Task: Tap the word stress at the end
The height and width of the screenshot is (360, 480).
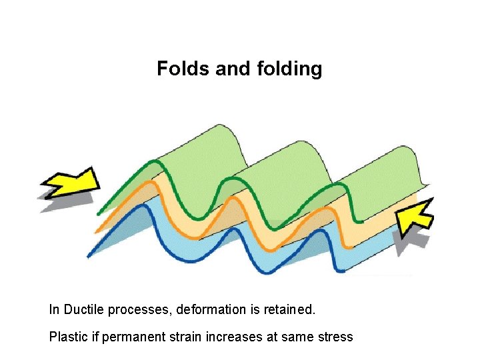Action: click(x=336, y=337)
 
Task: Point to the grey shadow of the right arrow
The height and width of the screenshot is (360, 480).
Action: click(x=406, y=240)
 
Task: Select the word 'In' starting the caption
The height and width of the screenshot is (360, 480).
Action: click(x=54, y=310)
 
